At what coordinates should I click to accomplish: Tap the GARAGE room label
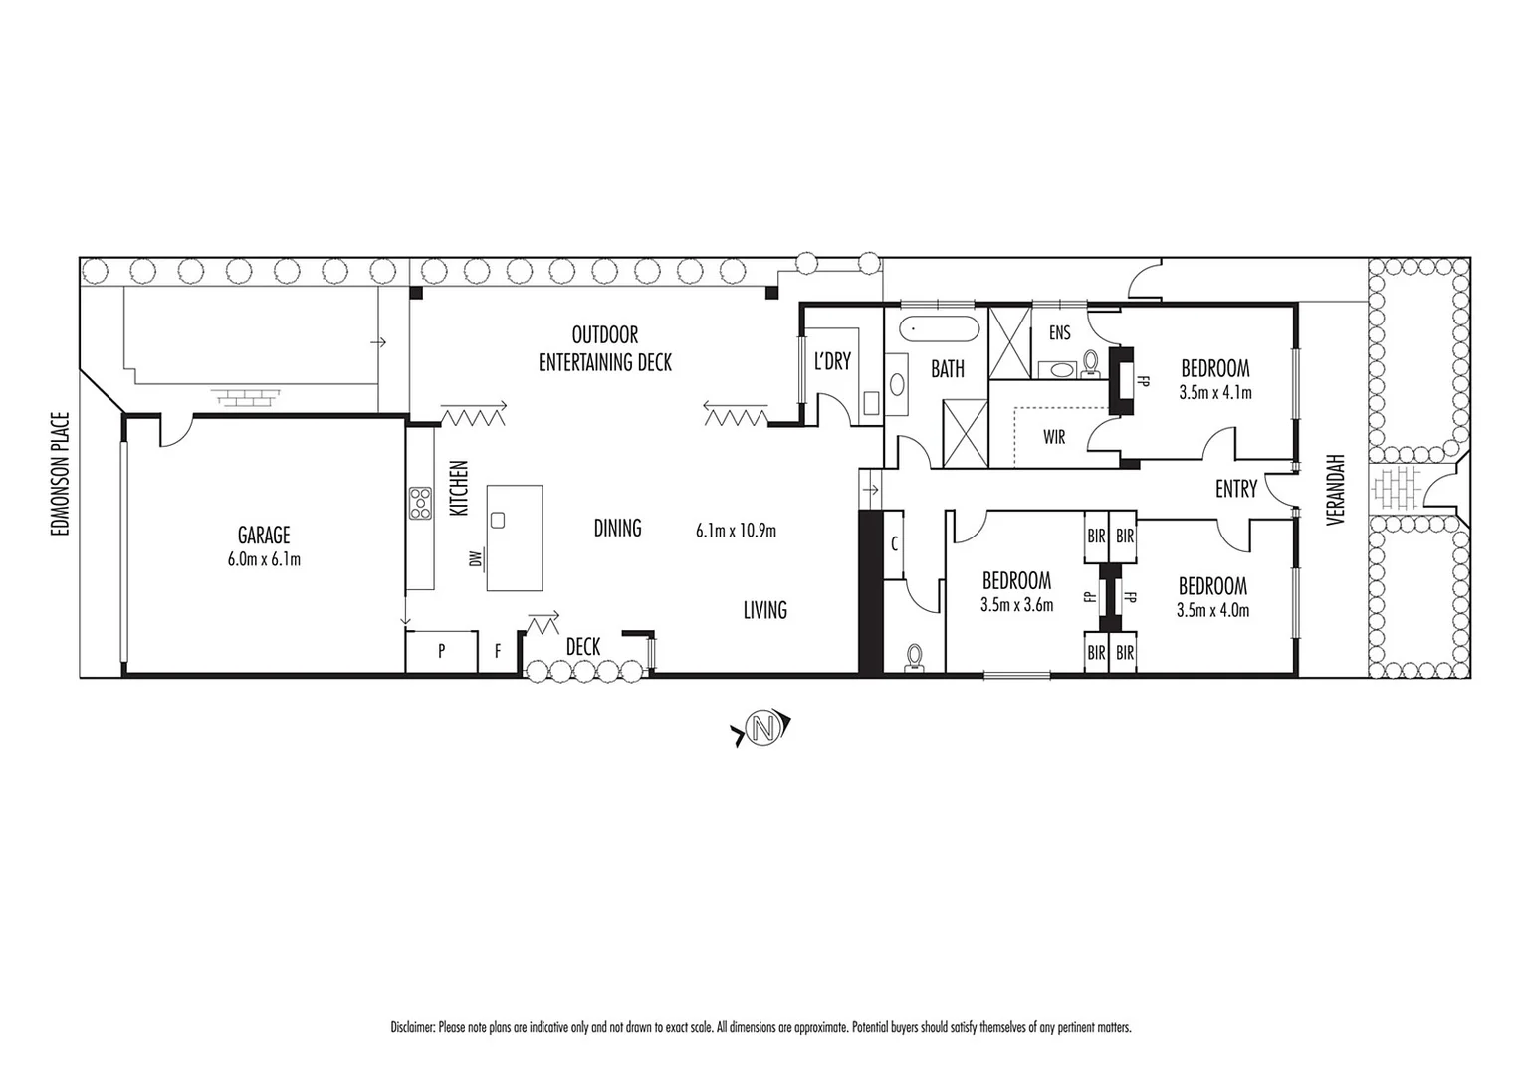pos(264,536)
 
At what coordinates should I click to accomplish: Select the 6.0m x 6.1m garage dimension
pos(264,559)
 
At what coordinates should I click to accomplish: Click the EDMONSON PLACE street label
pos(62,475)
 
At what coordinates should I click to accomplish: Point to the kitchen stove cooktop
pos(419,502)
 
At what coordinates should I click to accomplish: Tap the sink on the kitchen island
pos(498,519)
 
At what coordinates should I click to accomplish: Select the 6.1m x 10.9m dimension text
pos(736,531)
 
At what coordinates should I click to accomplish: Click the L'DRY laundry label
pos(832,361)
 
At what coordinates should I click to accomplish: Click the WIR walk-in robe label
pos(1054,437)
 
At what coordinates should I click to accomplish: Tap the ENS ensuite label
pos(1059,333)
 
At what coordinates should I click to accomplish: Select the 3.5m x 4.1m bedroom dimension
pos(1214,393)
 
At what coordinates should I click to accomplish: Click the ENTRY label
pos(1236,489)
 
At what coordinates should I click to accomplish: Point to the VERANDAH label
pos(1336,491)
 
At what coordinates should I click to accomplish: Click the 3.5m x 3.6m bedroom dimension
pos(1016,604)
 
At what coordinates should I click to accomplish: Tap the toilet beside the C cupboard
pos(915,656)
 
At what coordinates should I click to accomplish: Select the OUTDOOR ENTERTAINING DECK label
pos(605,349)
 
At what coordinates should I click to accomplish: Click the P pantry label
pos(441,652)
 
